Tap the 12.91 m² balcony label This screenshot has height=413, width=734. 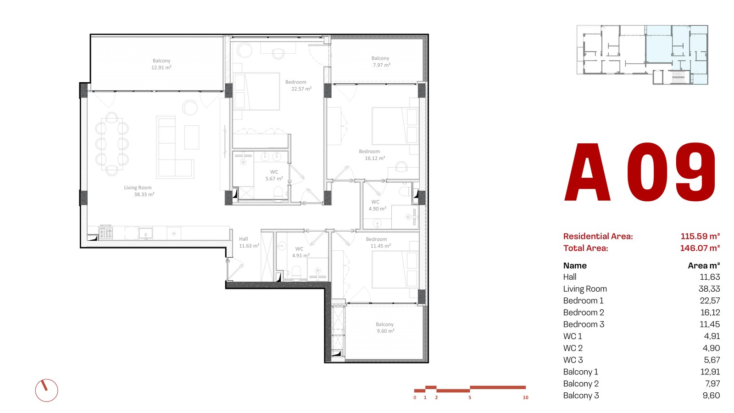tap(161, 64)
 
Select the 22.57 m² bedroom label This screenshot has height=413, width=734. tap(298, 85)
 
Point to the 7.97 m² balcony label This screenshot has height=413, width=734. tap(381, 62)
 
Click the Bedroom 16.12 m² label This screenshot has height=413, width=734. tap(372, 155)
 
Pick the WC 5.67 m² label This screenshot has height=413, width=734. tap(274, 175)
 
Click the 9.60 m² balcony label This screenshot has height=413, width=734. tap(385, 328)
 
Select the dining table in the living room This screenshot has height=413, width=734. tap(112, 144)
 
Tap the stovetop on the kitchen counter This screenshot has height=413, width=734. tap(106, 232)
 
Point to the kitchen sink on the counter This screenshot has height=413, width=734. tap(145, 233)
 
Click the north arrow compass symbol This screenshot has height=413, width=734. tap(46, 390)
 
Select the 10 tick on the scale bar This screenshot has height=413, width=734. tap(526, 397)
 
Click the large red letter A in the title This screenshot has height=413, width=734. tap(587, 172)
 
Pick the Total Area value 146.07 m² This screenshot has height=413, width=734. tap(700, 248)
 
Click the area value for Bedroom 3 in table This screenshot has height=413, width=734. tap(710, 324)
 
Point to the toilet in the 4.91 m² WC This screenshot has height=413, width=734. tap(296, 272)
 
